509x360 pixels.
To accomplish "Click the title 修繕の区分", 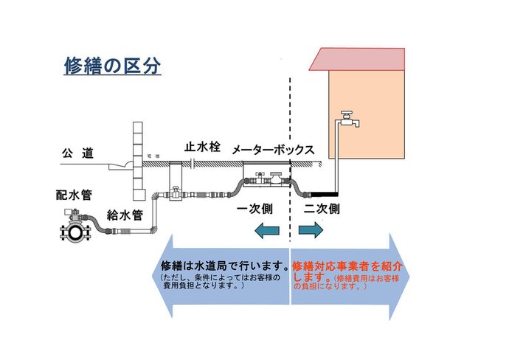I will (x=112, y=66).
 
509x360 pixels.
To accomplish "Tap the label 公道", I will (x=77, y=153).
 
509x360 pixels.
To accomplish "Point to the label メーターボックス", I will (x=273, y=150).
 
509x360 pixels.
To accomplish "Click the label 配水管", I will (x=74, y=195).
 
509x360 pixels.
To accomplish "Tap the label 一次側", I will (x=255, y=209).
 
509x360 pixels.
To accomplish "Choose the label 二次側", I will (x=322, y=209).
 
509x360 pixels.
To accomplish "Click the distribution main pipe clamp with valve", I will (x=74, y=227).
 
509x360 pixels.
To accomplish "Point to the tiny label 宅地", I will (x=153, y=157).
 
